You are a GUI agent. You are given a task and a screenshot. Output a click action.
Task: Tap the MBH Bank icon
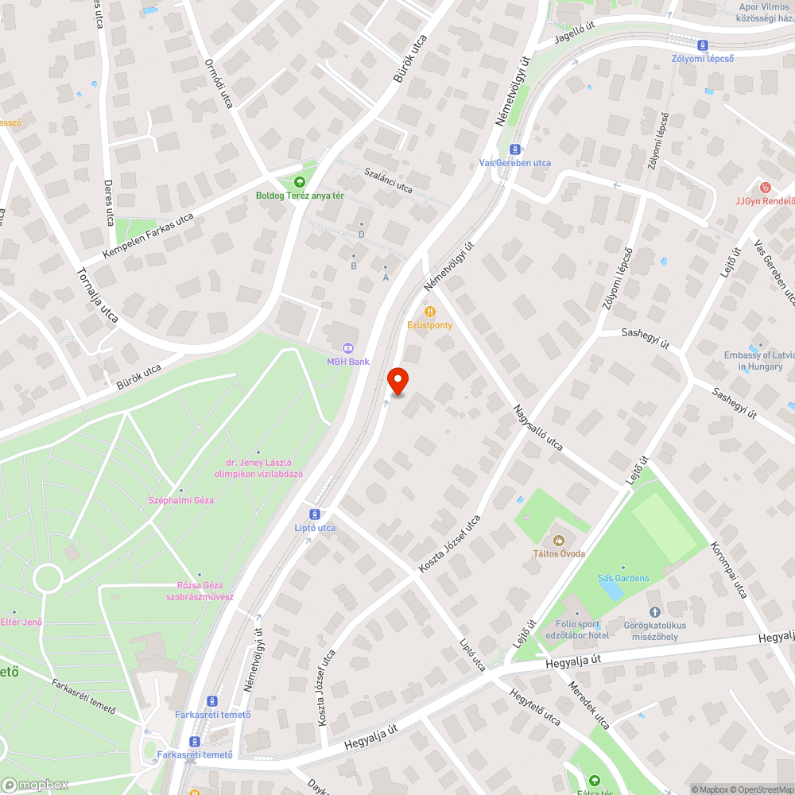(347, 347)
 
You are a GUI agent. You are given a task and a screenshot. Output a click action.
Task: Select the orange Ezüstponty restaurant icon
(430, 312)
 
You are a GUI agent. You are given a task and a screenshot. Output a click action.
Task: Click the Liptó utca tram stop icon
(316, 514)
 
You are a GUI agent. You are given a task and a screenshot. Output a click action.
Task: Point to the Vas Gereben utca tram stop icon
(515, 149)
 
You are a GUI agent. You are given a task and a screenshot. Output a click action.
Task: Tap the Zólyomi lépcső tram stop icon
(703, 45)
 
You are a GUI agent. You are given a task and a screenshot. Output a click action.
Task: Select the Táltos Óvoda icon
(559, 541)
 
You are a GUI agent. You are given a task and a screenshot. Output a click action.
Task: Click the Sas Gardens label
(623, 578)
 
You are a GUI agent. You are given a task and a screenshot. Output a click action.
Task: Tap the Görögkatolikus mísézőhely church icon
(655, 611)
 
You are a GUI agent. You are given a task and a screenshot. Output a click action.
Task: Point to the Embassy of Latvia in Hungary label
(754, 361)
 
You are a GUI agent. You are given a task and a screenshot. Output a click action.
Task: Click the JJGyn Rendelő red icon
(765, 188)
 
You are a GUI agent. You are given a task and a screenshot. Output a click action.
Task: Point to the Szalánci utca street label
(388, 180)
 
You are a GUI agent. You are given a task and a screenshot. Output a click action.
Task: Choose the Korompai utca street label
(729, 570)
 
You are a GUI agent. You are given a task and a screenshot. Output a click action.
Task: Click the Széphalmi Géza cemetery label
(181, 500)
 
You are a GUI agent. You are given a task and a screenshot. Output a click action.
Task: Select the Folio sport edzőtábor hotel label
(578, 630)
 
